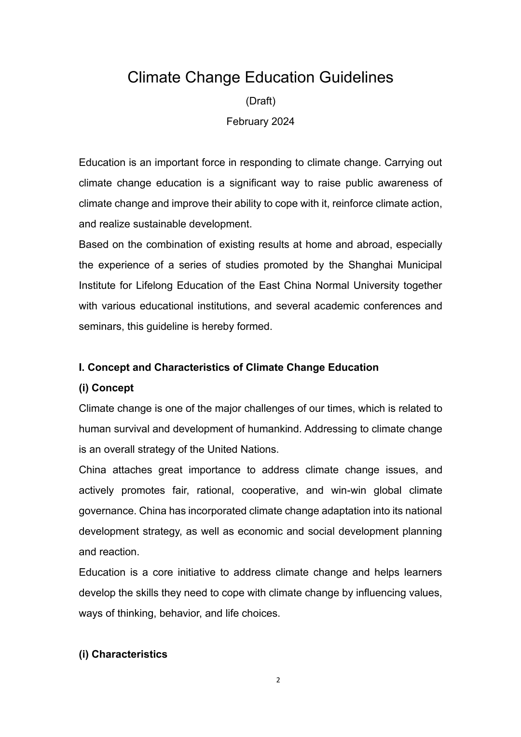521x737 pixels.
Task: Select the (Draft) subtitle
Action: pyautogui.click(x=260, y=101)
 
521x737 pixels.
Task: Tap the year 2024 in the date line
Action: pyautogui.click(x=283, y=122)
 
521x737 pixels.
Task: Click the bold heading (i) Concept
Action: pyautogui.click(x=106, y=388)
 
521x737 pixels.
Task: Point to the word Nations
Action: pyautogui.click(x=261, y=450)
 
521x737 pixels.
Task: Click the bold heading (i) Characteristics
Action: pyautogui.click(x=123, y=655)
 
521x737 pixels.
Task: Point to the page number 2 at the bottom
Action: pyautogui.click(x=278, y=681)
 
